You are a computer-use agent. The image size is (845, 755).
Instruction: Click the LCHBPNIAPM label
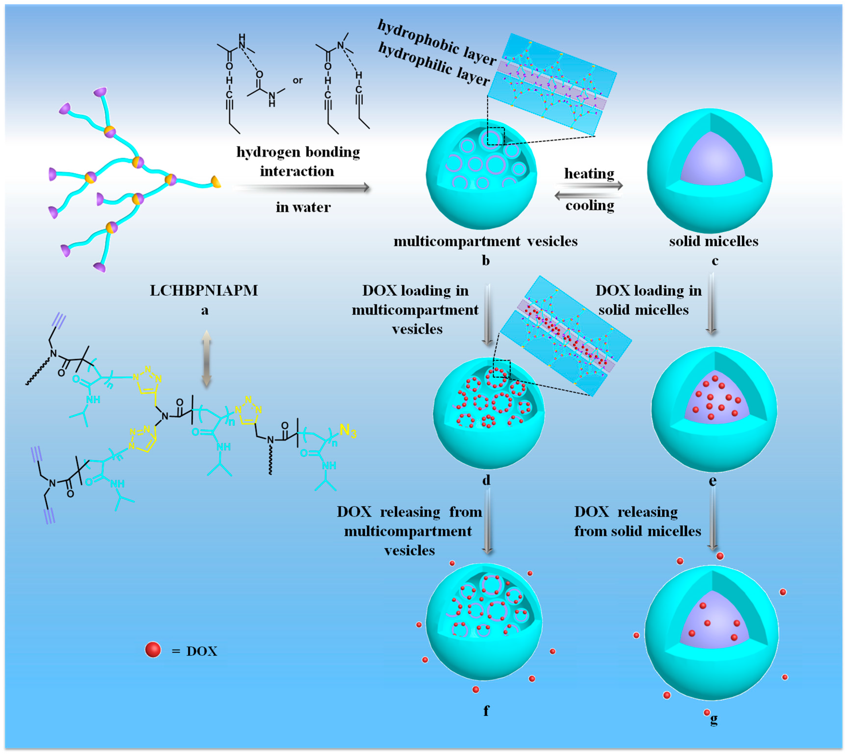(204, 290)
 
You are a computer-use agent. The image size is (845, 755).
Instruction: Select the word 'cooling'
(590, 205)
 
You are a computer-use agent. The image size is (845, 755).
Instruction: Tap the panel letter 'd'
(486, 480)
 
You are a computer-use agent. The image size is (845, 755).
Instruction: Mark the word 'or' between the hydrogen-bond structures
(298, 80)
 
